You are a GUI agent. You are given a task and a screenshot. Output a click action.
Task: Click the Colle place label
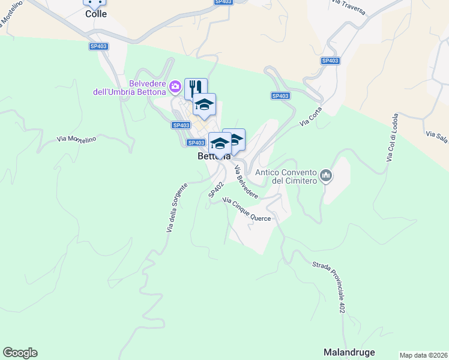coord(95,14)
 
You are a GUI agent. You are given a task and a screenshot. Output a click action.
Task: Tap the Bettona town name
coord(214,156)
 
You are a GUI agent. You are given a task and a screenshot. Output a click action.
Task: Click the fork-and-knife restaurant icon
coord(196,88)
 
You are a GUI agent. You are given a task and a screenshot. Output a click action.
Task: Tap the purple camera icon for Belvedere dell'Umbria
coord(175,87)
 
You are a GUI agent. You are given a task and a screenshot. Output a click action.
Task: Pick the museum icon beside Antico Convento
coord(326,176)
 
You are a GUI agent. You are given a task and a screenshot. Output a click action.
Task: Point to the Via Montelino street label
coord(77,139)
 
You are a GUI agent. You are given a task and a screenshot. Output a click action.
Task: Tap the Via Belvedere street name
coord(246,182)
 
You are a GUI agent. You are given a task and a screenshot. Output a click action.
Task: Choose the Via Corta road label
coord(312,116)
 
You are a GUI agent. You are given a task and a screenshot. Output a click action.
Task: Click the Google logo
coord(20,353)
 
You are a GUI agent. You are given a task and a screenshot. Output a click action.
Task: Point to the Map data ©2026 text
coord(423,355)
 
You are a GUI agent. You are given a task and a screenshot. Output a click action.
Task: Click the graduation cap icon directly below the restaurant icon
coord(204,104)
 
